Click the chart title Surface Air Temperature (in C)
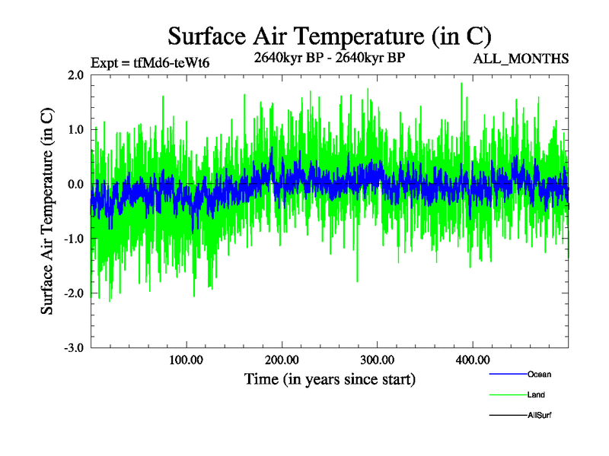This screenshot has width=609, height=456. click(x=330, y=36)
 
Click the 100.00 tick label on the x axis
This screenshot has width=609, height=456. click(x=186, y=359)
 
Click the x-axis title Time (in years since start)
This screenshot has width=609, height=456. click(x=330, y=378)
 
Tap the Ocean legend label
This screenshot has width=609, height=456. click(x=539, y=375)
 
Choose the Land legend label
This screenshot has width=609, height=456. click(x=536, y=395)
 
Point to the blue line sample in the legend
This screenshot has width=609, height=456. click(x=506, y=375)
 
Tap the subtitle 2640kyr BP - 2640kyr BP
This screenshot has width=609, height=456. click(x=329, y=55)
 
